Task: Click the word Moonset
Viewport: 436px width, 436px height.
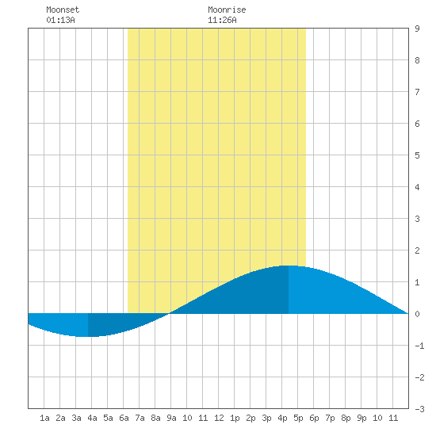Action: pyautogui.click(x=63, y=10)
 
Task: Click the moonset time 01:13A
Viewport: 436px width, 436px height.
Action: pyautogui.click(x=60, y=20)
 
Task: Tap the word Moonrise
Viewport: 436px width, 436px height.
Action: pyautogui.click(x=227, y=10)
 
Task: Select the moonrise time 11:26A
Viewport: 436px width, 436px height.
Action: pyautogui.click(x=222, y=20)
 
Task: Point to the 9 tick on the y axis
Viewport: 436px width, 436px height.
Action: pyautogui.click(x=417, y=29)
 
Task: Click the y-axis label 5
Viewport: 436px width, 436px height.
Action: pyautogui.click(x=417, y=155)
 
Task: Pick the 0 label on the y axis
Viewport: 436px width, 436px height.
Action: pyautogui.click(x=417, y=314)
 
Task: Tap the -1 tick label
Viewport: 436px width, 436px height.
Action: pyautogui.click(x=419, y=346)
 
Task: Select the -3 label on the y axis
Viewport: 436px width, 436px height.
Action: pyautogui.click(x=419, y=409)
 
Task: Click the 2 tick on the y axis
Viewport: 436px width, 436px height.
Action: pyautogui.click(x=417, y=251)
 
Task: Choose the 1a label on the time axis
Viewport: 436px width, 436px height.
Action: pyautogui.click(x=44, y=418)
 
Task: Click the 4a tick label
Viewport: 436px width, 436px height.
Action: pyautogui.click(x=92, y=418)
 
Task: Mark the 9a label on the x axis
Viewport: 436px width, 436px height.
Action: pyautogui.click(x=171, y=418)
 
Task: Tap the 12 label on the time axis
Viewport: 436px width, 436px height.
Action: pyautogui.click(x=219, y=418)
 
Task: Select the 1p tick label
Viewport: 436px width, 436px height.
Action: pyautogui.click(x=235, y=418)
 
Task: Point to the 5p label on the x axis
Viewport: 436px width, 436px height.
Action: pyautogui.click(x=298, y=418)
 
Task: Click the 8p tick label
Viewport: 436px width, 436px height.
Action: pyautogui.click(x=346, y=418)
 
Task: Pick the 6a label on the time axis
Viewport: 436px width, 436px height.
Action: pyautogui.click(x=124, y=418)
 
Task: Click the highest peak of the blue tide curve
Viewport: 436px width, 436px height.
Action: pyautogui.click(x=289, y=266)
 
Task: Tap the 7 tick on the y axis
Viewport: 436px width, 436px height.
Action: pyautogui.click(x=417, y=92)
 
